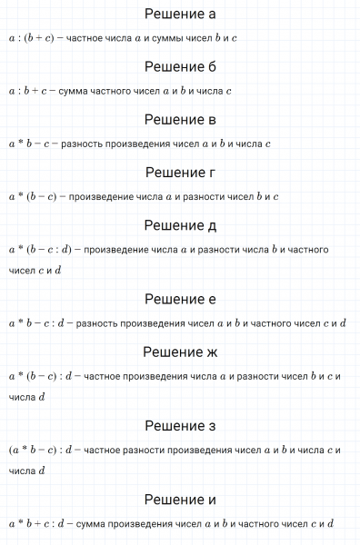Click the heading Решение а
tap(180, 15)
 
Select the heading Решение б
tap(180, 67)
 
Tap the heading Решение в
tap(180, 120)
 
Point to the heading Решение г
tap(180, 173)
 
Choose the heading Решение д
tap(180, 225)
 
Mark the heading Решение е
tap(180, 299)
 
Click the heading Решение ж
tap(180, 352)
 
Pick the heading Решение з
tap(180, 426)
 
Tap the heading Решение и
tap(180, 500)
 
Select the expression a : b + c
tap(28, 92)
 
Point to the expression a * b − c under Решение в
tap(30, 144)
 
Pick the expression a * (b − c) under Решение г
tap(35, 197)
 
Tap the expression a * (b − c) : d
tap(44, 376)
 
